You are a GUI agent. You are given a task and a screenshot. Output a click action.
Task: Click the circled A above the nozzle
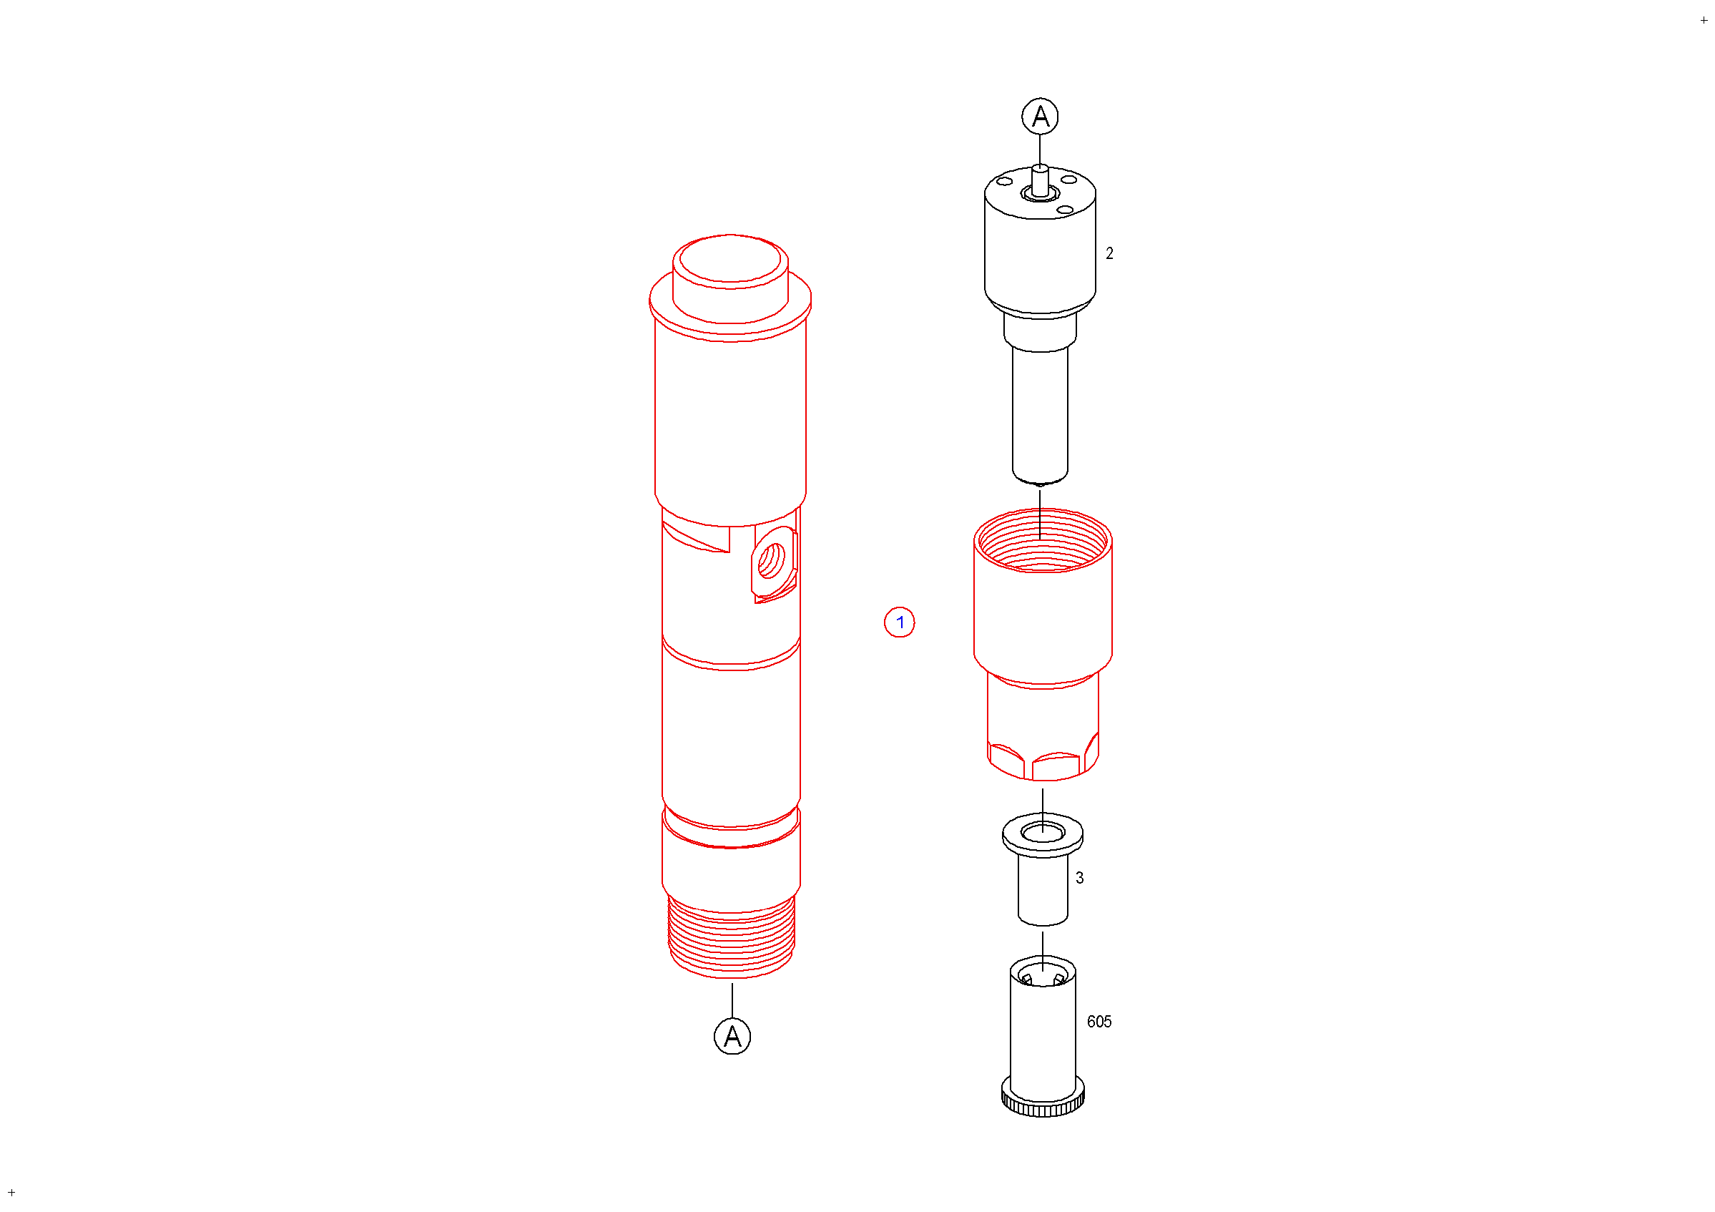pos(1040,116)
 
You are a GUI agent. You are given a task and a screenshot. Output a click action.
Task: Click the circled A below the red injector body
pos(732,1036)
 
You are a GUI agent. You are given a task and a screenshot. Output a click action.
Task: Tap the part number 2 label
pos(1109,254)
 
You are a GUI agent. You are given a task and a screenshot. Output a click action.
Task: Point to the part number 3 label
pos(1079,878)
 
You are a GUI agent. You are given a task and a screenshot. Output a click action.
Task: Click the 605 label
pos(1099,1022)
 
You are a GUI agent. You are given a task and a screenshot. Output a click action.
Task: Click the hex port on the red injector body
pos(773,562)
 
